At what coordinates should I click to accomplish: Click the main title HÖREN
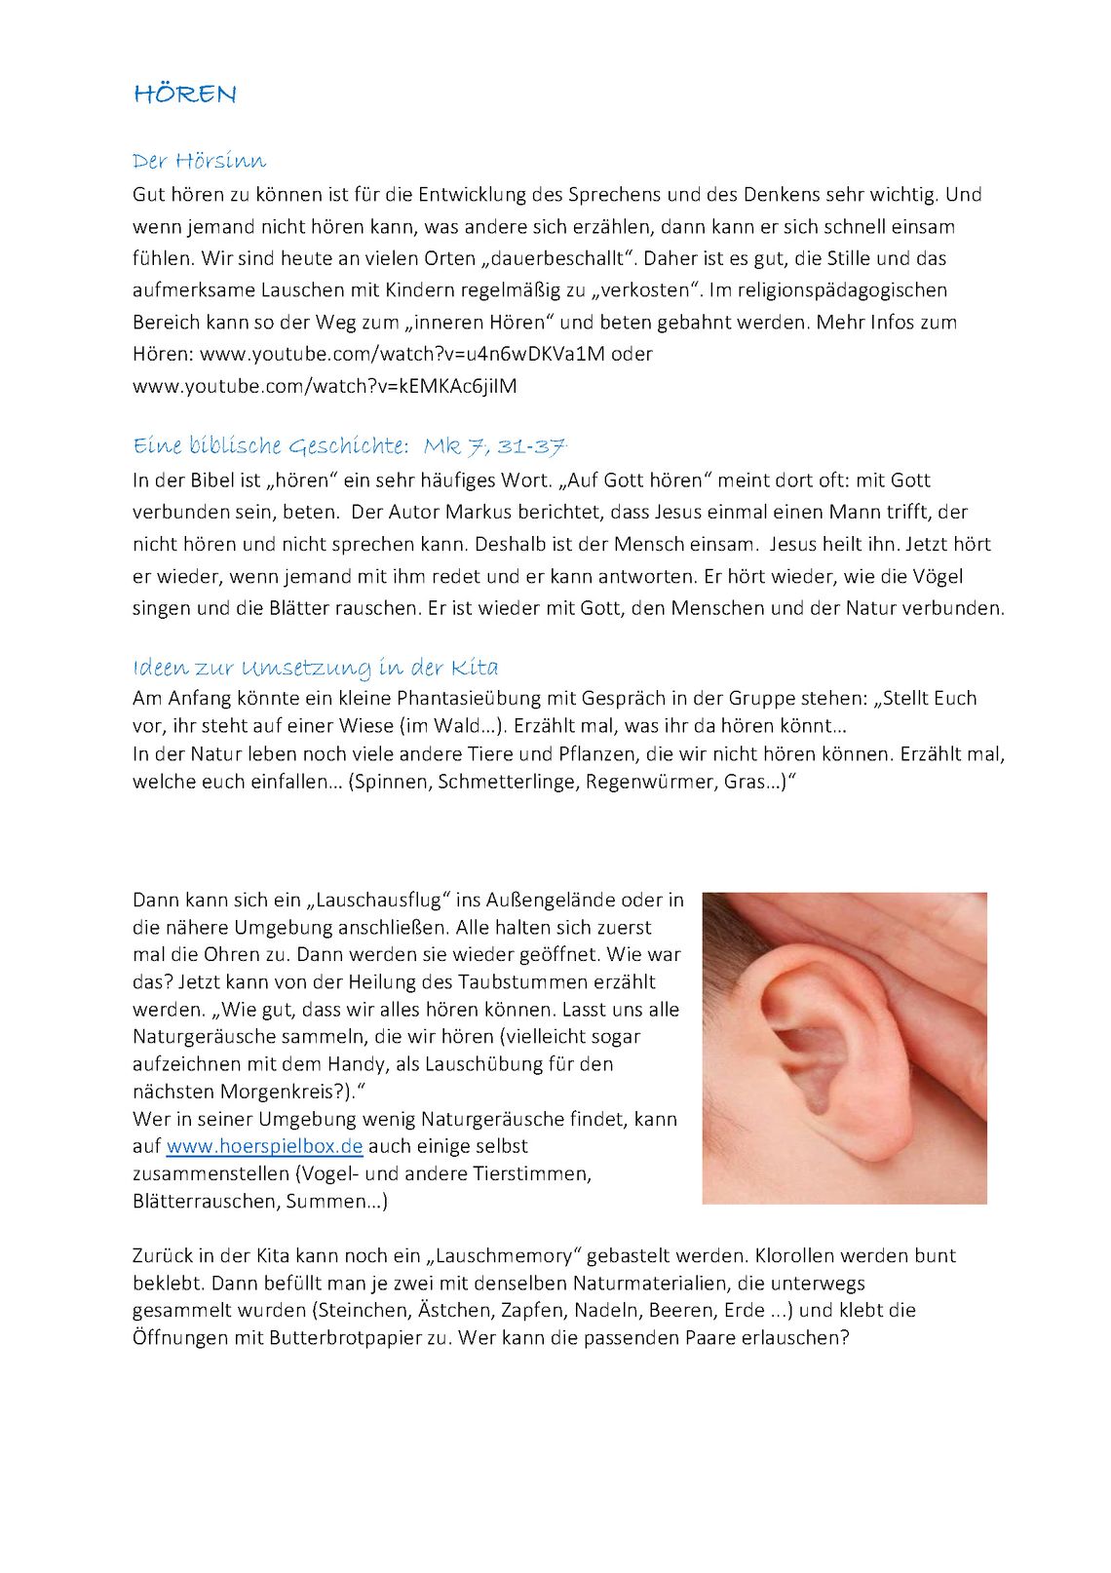point(185,95)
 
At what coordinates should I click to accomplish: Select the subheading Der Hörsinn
point(199,161)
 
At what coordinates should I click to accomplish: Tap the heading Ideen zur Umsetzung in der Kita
point(315,668)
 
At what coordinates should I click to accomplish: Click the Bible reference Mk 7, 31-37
point(494,446)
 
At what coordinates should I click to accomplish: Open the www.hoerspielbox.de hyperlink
point(264,1146)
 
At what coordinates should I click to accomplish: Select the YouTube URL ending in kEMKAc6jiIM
point(325,386)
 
